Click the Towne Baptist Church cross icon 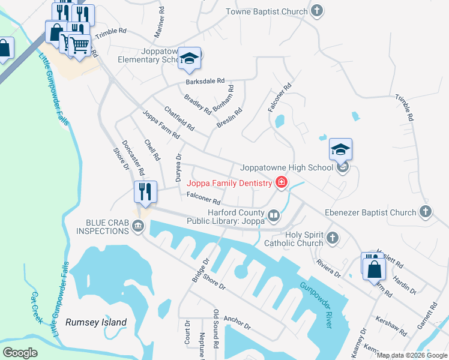click(x=318, y=11)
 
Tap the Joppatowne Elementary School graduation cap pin click(x=189, y=58)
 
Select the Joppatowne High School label click(x=286, y=168)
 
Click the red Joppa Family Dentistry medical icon click(x=280, y=183)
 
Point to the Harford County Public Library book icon click(x=273, y=215)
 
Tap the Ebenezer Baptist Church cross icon click(x=425, y=212)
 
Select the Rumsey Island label click(x=96, y=322)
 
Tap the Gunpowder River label click(x=316, y=305)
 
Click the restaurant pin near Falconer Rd click(x=145, y=192)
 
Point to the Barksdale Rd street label click(x=205, y=81)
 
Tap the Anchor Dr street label click(x=237, y=322)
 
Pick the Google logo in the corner click(x=20, y=353)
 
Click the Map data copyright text click(x=412, y=355)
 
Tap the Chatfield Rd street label click(x=179, y=118)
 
